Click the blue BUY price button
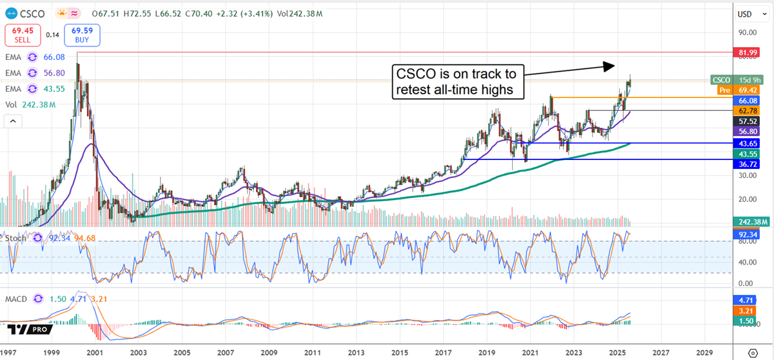tap(83, 34)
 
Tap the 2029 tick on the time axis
tap(705, 354)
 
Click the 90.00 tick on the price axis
tap(747, 32)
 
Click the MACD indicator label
tap(15, 299)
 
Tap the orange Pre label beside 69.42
tap(724, 90)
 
